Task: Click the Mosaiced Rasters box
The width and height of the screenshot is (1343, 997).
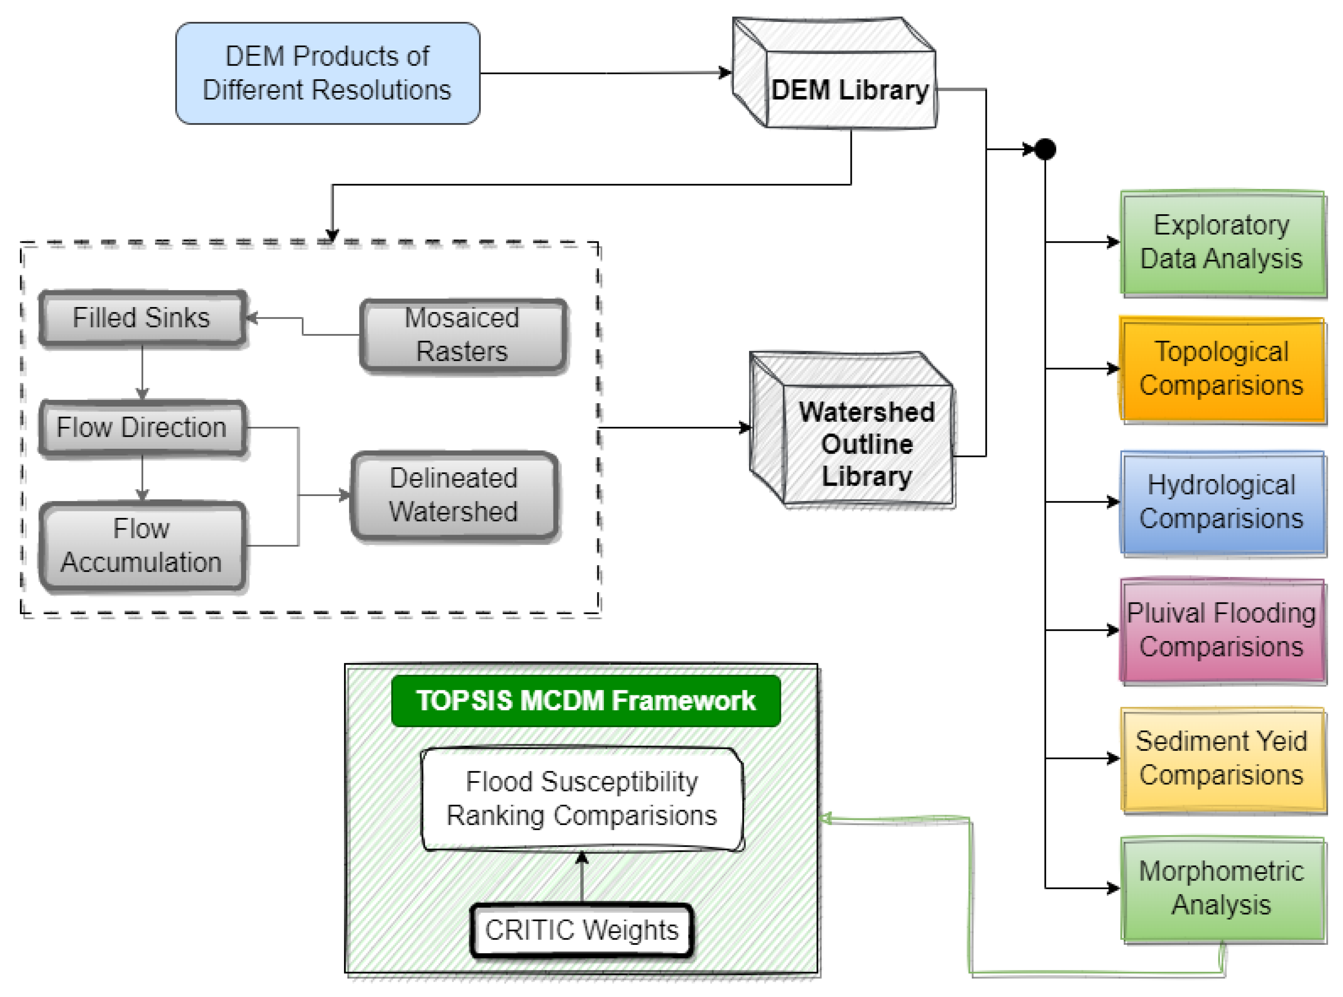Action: coord(462,335)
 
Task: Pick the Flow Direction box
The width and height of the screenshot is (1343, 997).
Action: coord(142,427)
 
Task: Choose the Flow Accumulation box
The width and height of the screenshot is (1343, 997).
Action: coord(142,546)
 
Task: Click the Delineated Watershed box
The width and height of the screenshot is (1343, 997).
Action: coord(454,495)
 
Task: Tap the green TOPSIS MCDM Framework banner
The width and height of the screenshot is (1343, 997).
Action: coord(585,701)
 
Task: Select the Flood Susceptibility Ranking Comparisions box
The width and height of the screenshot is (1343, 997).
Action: coord(582,799)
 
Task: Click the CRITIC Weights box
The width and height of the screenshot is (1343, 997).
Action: coord(582,930)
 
